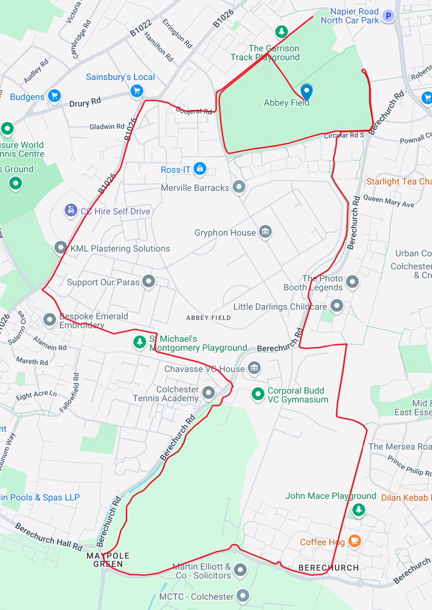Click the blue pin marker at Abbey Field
pos(306,91)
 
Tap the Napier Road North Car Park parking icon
pos(389,16)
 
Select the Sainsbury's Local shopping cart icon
pos(136,91)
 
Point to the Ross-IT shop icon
pos(200,168)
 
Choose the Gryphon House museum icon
pos(265,232)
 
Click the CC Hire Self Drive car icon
pos(70,210)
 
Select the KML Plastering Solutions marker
pos(61,248)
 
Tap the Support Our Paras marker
pos(149,281)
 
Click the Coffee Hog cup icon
pos(355,542)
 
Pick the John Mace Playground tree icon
pos(359,509)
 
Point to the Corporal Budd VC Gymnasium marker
pos(258,394)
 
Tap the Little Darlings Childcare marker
pos(336,306)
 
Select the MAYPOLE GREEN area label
pos(108,559)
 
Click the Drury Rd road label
pos(85,103)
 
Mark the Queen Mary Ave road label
pos(389,202)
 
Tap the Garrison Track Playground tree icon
pos(281,32)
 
